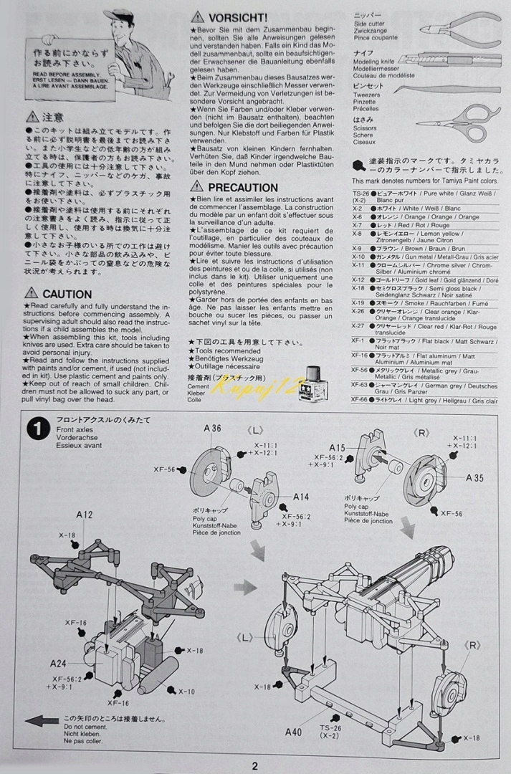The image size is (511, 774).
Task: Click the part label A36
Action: (x=212, y=428)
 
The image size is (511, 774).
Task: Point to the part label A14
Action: (x=300, y=496)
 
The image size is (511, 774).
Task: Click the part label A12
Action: (x=85, y=515)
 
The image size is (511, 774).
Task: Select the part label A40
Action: (x=293, y=732)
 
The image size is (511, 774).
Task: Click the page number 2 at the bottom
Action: (x=254, y=765)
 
